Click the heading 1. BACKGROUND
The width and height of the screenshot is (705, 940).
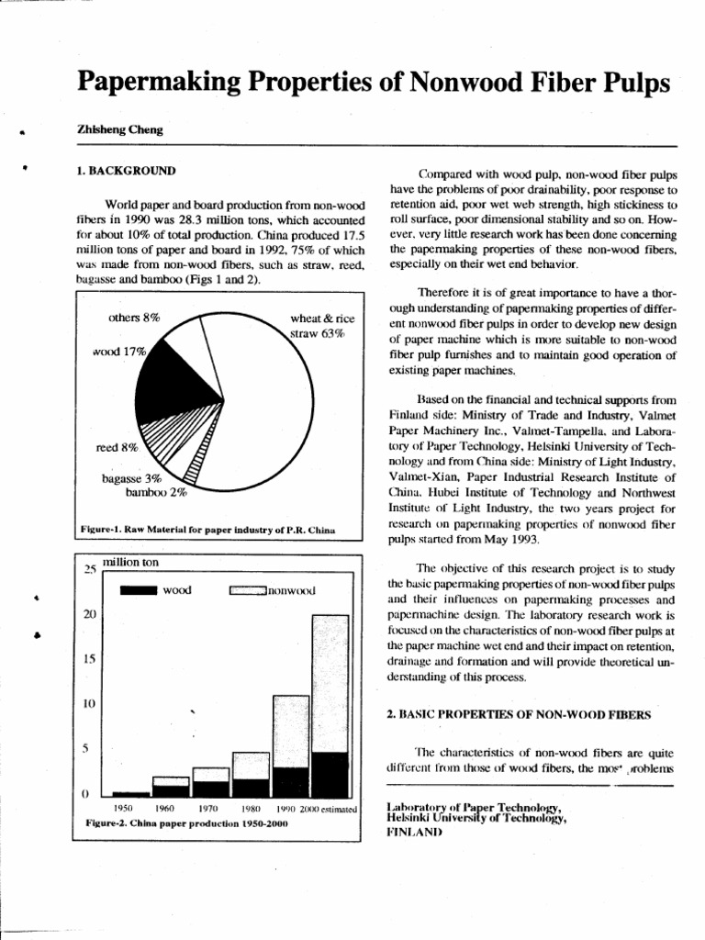[x=126, y=171]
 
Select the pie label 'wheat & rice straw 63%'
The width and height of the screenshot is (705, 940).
[x=317, y=327]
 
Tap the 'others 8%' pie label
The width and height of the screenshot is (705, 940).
[x=134, y=318]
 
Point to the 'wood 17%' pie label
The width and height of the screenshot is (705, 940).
[x=120, y=351]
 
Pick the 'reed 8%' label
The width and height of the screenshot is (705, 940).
[x=116, y=448]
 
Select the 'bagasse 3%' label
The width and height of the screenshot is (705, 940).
[x=131, y=478]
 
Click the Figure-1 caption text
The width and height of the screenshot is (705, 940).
[x=207, y=531]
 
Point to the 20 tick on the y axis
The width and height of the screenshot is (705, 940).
[x=90, y=613]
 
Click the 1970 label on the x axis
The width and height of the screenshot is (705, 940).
[x=207, y=809]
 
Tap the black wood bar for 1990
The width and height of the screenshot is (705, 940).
[x=290, y=780]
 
